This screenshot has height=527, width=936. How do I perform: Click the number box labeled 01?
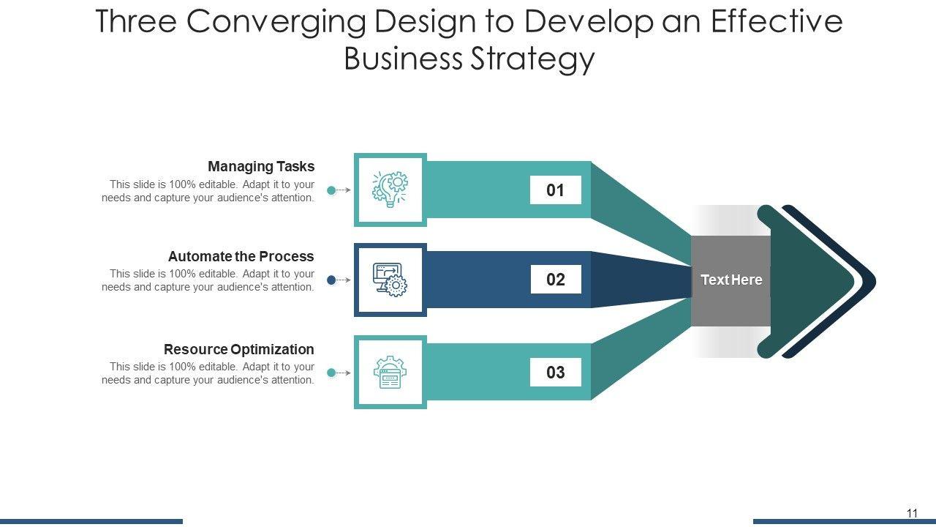pyautogui.click(x=556, y=190)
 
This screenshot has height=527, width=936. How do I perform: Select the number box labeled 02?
pyautogui.click(x=556, y=280)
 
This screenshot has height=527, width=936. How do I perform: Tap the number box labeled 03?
pyautogui.click(x=556, y=373)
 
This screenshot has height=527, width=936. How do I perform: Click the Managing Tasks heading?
pyautogui.click(x=261, y=166)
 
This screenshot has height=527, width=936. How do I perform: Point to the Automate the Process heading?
pyautogui.click(x=241, y=256)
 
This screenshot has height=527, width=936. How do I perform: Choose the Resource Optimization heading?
pyautogui.click(x=238, y=349)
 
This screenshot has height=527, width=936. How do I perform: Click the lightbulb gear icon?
pyautogui.click(x=390, y=190)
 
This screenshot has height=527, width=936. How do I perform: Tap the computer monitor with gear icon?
pyautogui.click(x=390, y=280)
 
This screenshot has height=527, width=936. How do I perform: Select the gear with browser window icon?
pyautogui.click(x=390, y=372)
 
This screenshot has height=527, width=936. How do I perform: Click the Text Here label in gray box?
pyautogui.click(x=731, y=280)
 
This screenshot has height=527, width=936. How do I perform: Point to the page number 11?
pyautogui.click(x=912, y=513)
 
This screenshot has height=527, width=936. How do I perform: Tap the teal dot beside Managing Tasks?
pyautogui.click(x=331, y=190)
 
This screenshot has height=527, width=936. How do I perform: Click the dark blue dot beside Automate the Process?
pyautogui.click(x=331, y=280)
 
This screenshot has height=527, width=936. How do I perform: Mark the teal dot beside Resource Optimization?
pyautogui.click(x=331, y=373)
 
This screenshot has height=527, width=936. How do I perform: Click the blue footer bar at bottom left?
pyautogui.click(x=91, y=521)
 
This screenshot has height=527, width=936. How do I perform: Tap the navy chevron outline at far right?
pyautogui.click(x=869, y=280)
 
